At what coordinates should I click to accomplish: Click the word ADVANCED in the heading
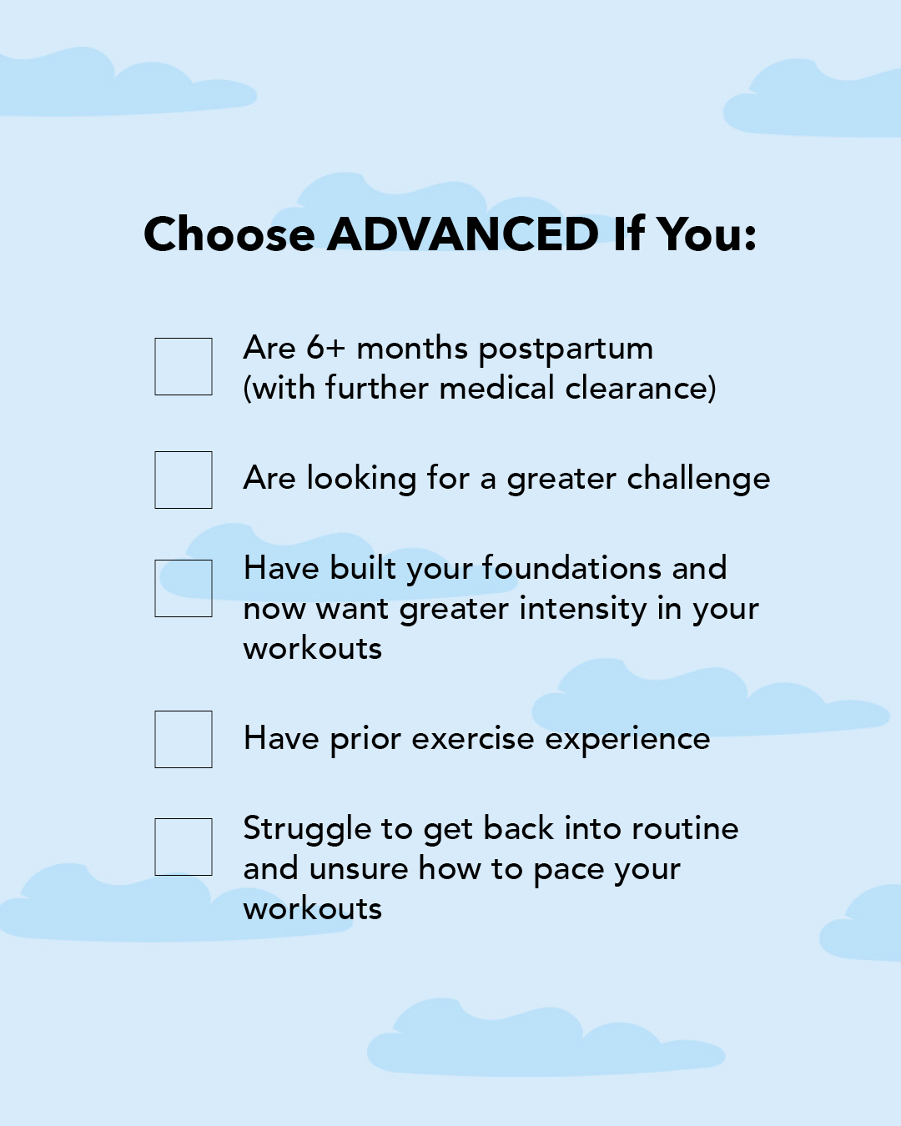[463, 234]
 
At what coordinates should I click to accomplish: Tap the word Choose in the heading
[229, 234]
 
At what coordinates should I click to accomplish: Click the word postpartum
[566, 349]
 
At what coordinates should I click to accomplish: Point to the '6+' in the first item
[325, 348]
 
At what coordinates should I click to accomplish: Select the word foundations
[571, 568]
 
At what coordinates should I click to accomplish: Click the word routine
[685, 829]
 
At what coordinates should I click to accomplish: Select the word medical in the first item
[496, 388]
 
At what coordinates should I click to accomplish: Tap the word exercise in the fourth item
[473, 739]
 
